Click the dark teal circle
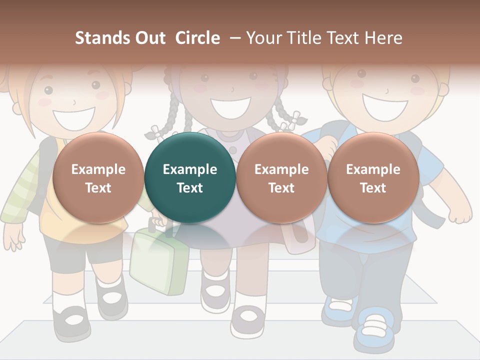tap(190, 177)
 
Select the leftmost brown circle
tap(98, 177)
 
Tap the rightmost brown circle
tap(373, 177)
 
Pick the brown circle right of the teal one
tap(281, 177)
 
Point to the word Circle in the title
tap(197, 38)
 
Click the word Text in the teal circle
tap(190, 188)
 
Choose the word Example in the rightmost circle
tap(373, 169)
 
